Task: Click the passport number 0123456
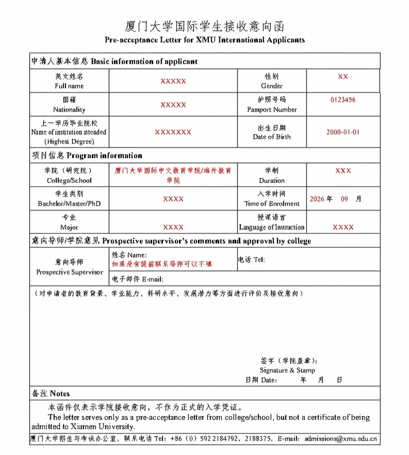point(343,100)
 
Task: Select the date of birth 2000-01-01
point(343,132)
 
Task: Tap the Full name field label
point(69,86)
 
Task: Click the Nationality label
point(69,110)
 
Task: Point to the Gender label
point(272,86)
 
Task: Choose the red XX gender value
point(343,77)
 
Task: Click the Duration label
point(272,181)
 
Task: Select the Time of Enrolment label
point(272,204)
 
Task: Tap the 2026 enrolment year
point(317,199)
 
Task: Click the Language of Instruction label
point(272,227)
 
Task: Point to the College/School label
point(69,181)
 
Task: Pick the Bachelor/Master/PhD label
point(69,204)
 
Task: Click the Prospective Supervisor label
point(69,272)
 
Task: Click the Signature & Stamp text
point(287,371)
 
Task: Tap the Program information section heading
point(104,156)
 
